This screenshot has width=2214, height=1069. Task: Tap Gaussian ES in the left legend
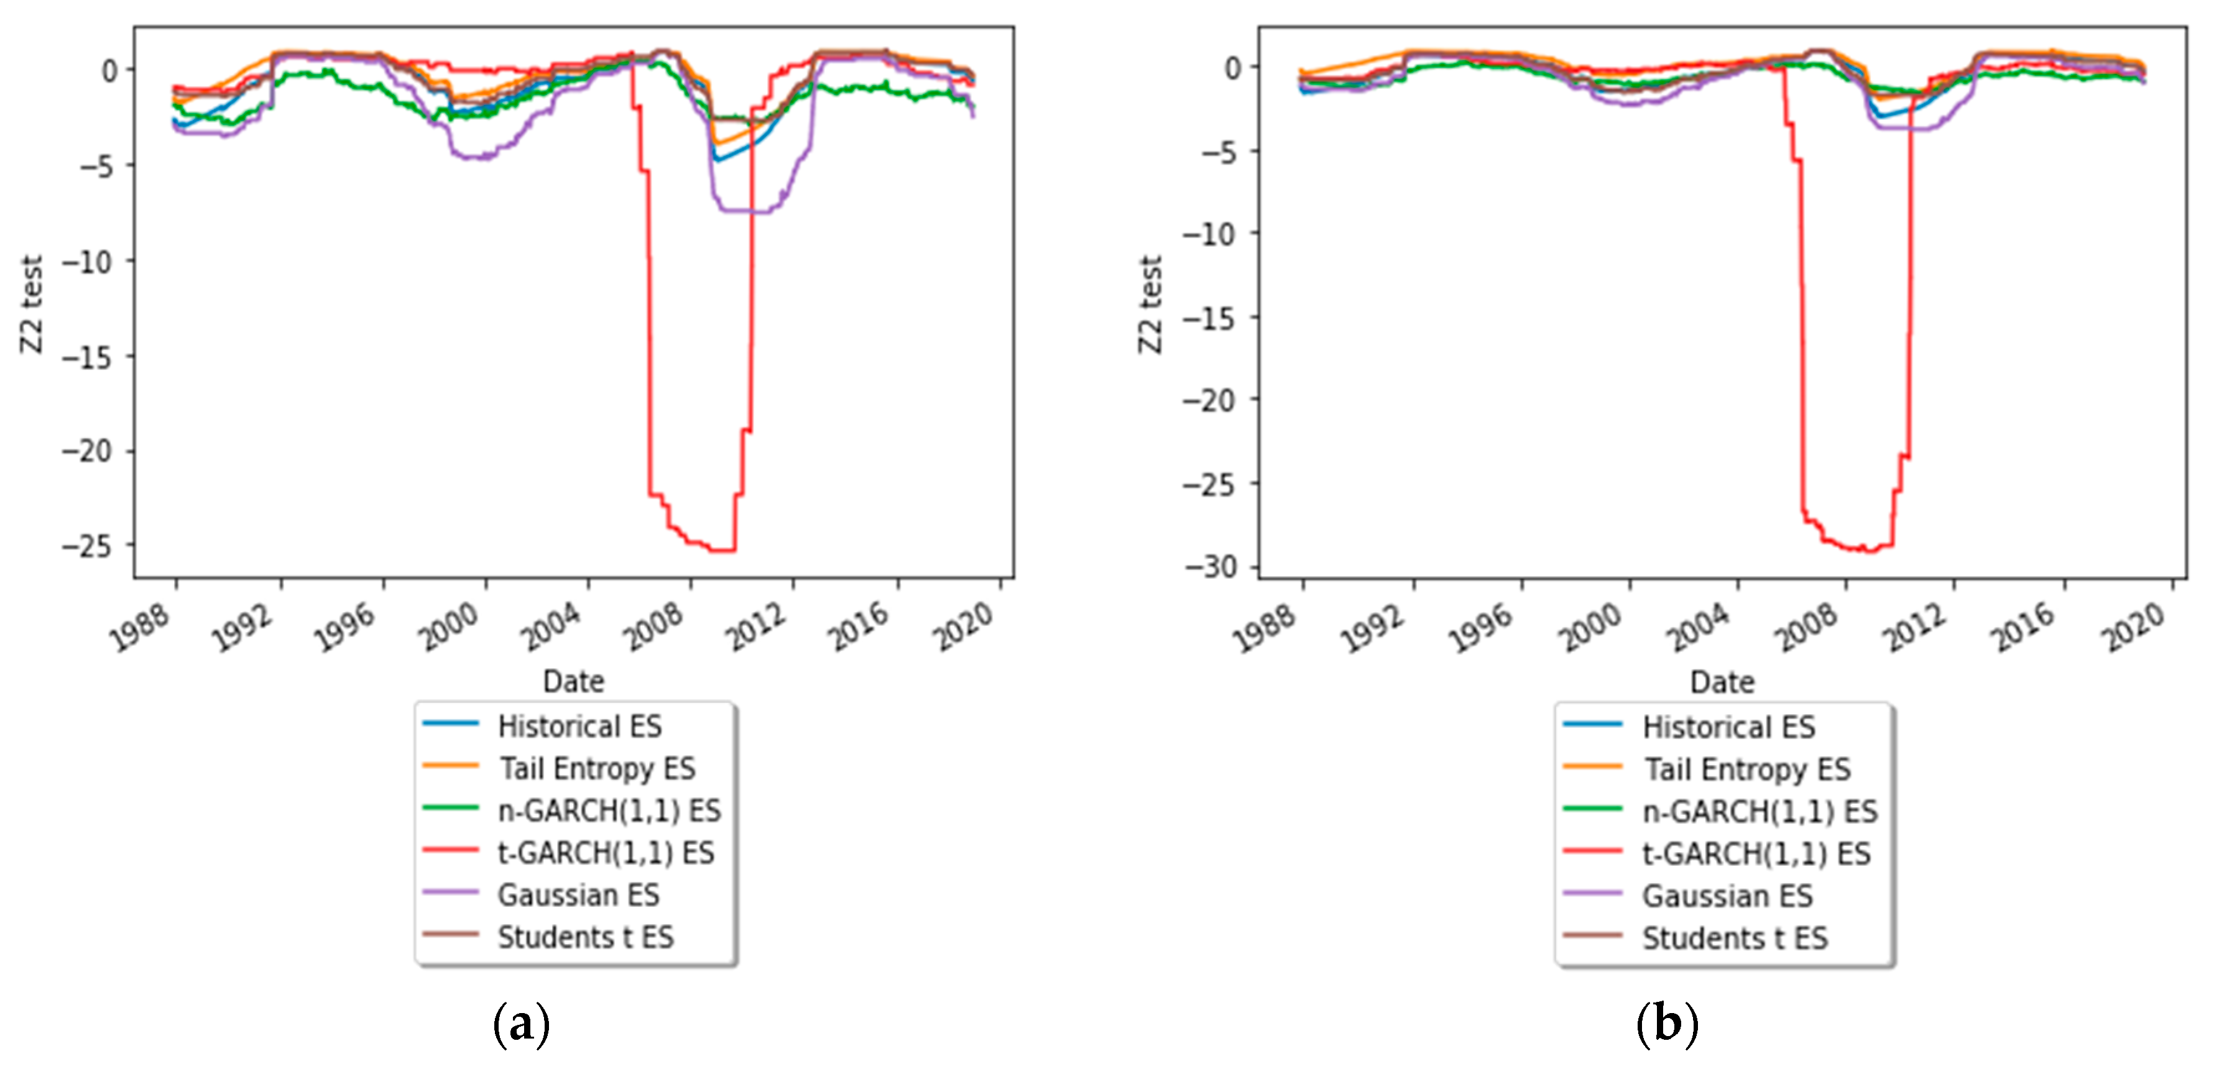click(578, 894)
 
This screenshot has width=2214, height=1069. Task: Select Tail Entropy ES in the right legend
click(1746, 769)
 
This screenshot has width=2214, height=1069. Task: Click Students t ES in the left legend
click(585, 937)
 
